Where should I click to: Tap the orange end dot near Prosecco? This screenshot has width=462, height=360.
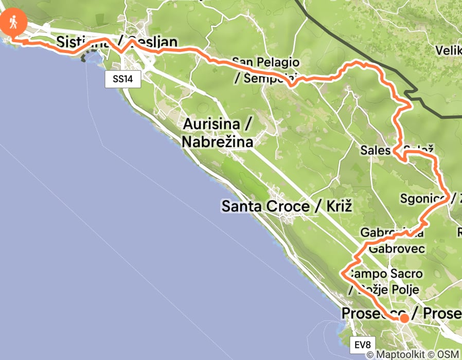pyautogui.click(x=404, y=318)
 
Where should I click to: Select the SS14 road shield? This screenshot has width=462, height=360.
pyautogui.click(x=123, y=79)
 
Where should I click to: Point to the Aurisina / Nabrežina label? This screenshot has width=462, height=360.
pyautogui.click(x=217, y=133)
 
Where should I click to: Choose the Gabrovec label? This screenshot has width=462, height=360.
pyautogui.click(x=397, y=249)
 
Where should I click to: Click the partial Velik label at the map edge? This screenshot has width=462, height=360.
pyautogui.click(x=448, y=50)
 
